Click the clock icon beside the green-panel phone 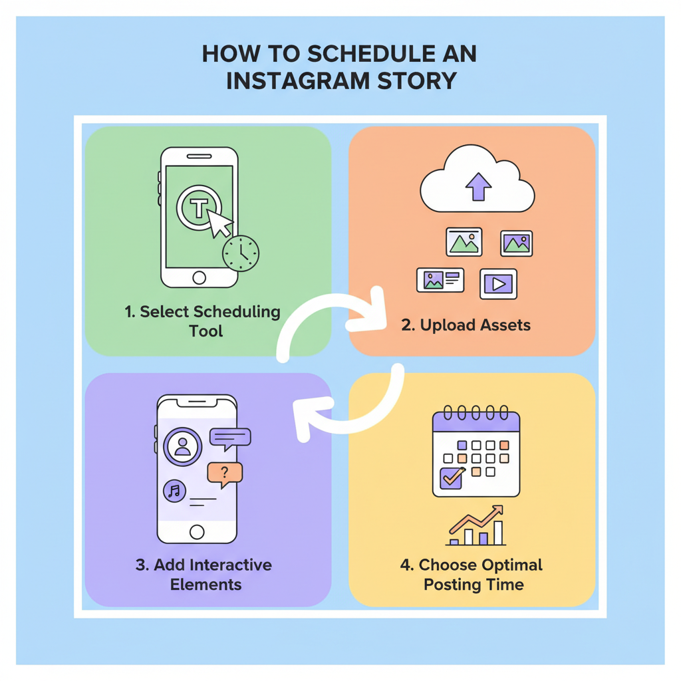[241, 253]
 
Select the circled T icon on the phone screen [199, 207]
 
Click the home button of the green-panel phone [199, 277]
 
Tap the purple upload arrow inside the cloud [478, 187]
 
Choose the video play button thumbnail [498, 284]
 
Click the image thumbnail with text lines [440, 280]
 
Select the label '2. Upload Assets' [466, 325]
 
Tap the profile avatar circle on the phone [182, 446]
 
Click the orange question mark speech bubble [225, 475]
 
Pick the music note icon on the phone [175, 491]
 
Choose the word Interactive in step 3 [231, 565]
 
